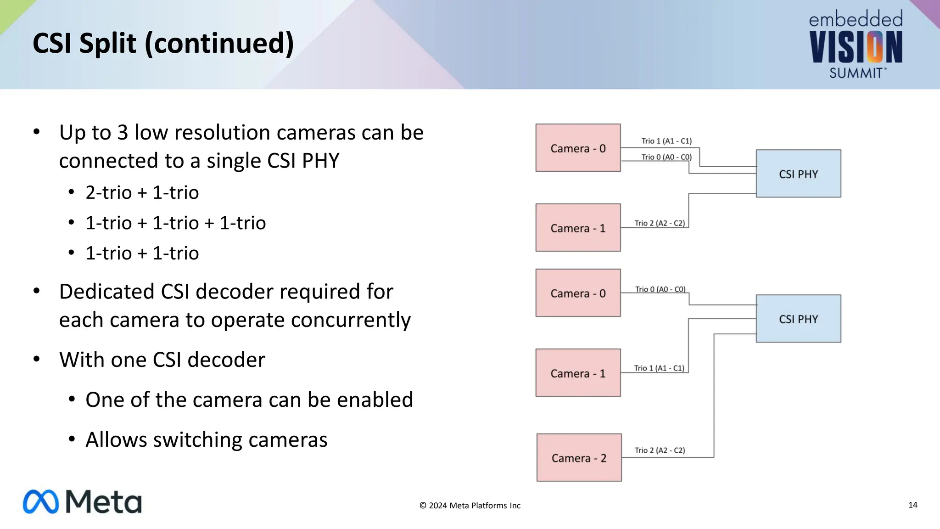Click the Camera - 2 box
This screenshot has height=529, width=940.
[579, 457]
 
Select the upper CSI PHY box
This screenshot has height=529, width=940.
[798, 174]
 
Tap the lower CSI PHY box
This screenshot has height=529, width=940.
[798, 319]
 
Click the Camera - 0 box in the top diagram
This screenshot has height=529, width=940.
[578, 148]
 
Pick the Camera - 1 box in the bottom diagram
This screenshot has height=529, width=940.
[578, 373]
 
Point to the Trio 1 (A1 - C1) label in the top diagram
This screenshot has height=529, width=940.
[666, 141]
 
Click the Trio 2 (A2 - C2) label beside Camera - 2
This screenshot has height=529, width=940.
[660, 450]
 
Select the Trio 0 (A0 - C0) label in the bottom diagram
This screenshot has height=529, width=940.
[660, 289]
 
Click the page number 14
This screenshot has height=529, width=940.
[912, 505]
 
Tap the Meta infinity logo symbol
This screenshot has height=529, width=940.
[41, 502]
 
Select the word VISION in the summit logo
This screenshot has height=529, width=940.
[856, 47]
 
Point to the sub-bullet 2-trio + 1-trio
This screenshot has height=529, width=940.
[142, 192]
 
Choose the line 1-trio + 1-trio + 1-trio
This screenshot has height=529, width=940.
[175, 223]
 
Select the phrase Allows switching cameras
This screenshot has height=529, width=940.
[206, 440]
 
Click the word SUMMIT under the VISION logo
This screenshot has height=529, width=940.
[856, 73]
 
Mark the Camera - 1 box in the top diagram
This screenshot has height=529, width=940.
[578, 228]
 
